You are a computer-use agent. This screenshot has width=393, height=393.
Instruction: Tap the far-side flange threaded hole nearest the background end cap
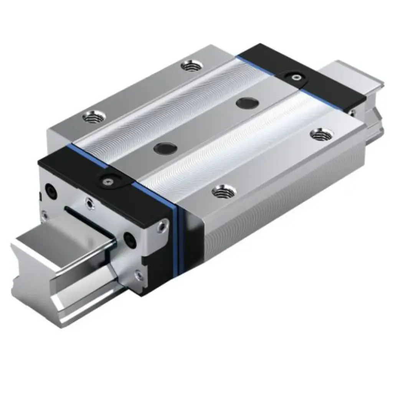click(191, 66)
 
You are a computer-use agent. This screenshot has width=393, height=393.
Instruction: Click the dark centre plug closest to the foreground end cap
click(165, 148)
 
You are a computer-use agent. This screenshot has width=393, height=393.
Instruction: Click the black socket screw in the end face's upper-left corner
click(51, 191)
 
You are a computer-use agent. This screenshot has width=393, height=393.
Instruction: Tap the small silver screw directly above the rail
click(90, 203)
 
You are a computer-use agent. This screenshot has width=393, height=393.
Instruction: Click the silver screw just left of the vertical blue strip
click(163, 226)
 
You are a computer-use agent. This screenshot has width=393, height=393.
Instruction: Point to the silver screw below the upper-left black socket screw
click(45, 216)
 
